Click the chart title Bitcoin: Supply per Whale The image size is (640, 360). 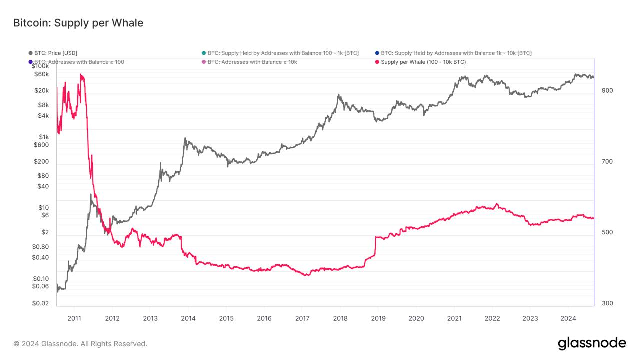[x=78, y=23]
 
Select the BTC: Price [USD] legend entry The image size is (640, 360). [x=55, y=53]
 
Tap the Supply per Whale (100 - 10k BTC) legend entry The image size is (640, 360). [x=423, y=62]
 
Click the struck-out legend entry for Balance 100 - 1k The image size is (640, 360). [x=283, y=53]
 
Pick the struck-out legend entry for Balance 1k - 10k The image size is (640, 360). [x=456, y=53]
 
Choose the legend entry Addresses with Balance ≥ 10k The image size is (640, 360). [x=252, y=62]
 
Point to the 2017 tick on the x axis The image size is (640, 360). [x=302, y=318]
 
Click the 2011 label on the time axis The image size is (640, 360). [x=74, y=318]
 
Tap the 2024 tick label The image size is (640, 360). [x=568, y=318]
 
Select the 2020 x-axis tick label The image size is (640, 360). [x=416, y=318]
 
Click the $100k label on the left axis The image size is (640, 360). [x=40, y=66]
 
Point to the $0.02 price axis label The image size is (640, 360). [x=40, y=303]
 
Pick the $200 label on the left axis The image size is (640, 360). [x=41, y=161]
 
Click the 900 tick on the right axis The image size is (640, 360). [x=607, y=90]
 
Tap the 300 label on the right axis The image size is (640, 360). [x=607, y=303]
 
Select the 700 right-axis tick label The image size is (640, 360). [x=607, y=161]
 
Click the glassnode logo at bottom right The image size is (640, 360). [x=592, y=343]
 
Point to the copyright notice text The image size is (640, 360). [x=80, y=344]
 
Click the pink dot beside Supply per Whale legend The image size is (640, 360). [x=377, y=62]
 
